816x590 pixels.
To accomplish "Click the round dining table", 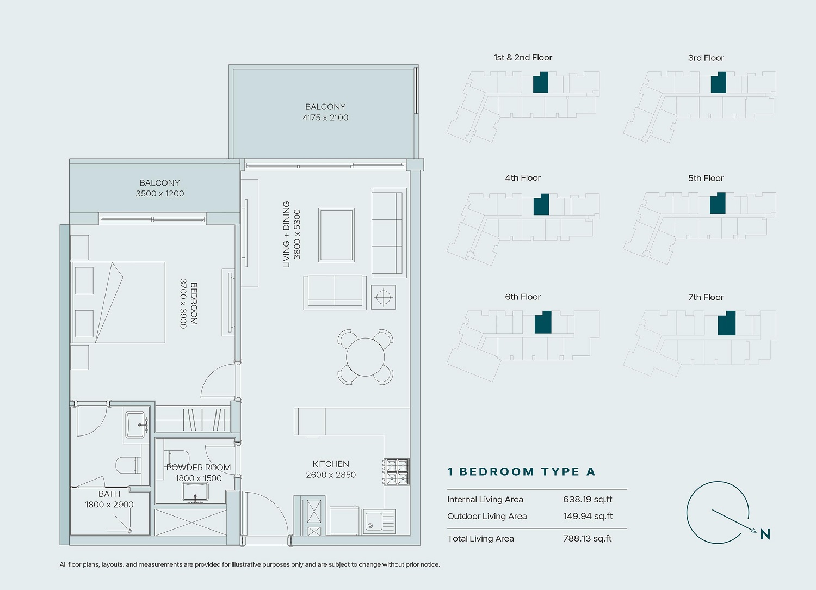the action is click(x=365, y=357).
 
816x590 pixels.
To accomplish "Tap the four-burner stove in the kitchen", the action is click(x=397, y=471).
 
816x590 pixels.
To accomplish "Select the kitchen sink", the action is click(x=379, y=521).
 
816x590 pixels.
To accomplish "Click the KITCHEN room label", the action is click(x=331, y=464).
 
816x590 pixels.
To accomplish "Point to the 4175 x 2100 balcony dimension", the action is click(x=325, y=118).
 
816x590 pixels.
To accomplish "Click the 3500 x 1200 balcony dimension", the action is click(x=159, y=194).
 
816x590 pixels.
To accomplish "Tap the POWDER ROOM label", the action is click(x=198, y=467).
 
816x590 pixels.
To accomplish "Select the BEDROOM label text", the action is click(x=194, y=304).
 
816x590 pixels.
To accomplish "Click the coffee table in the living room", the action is click(x=336, y=235).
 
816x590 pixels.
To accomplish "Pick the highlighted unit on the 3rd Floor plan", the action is click(x=719, y=83).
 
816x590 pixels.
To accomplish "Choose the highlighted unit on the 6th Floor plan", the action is click(x=543, y=322).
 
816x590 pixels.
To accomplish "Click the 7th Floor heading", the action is click(x=706, y=297).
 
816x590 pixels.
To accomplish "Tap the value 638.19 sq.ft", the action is click(x=588, y=499).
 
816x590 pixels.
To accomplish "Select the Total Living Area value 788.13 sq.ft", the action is click(x=587, y=538).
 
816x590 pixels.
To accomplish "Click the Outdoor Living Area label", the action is click(x=487, y=516).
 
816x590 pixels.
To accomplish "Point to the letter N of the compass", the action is click(x=765, y=534).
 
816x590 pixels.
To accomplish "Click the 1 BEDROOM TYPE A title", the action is click(x=521, y=471).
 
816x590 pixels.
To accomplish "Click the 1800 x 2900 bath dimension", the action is click(x=109, y=505).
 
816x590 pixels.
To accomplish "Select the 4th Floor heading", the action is click(x=523, y=178).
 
